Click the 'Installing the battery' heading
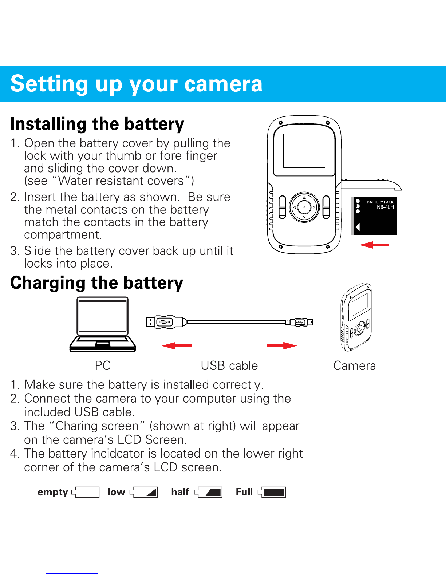[x=97, y=124]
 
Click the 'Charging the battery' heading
[x=96, y=283]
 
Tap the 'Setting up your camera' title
[x=136, y=84]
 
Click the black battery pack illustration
[x=375, y=216]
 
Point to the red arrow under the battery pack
[x=374, y=245]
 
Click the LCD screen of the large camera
[x=304, y=151]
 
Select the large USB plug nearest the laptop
[x=166, y=322]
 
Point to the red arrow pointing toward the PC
[x=177, y=345]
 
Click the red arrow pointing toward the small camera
[x=282, y=345]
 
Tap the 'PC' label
[x=103, y=365]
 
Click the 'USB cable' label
[x=229, y=365]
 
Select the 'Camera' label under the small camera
[x=354, y=365]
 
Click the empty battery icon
[x=86, y=492]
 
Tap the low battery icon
[x=144, y=492]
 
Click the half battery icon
[x=209, y=492]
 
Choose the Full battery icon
[x=272, y=492]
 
